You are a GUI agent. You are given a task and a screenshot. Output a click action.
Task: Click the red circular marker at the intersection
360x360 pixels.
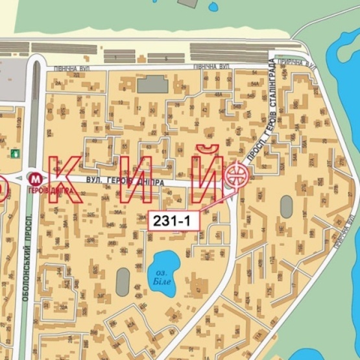coord(236,175)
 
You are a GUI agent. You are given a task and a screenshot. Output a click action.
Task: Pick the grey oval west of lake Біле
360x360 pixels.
coord(123,282)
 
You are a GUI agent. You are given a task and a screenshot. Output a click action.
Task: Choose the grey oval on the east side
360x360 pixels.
coord(286,207)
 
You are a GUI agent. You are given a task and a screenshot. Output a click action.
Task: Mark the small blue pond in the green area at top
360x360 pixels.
coord(213,7)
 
